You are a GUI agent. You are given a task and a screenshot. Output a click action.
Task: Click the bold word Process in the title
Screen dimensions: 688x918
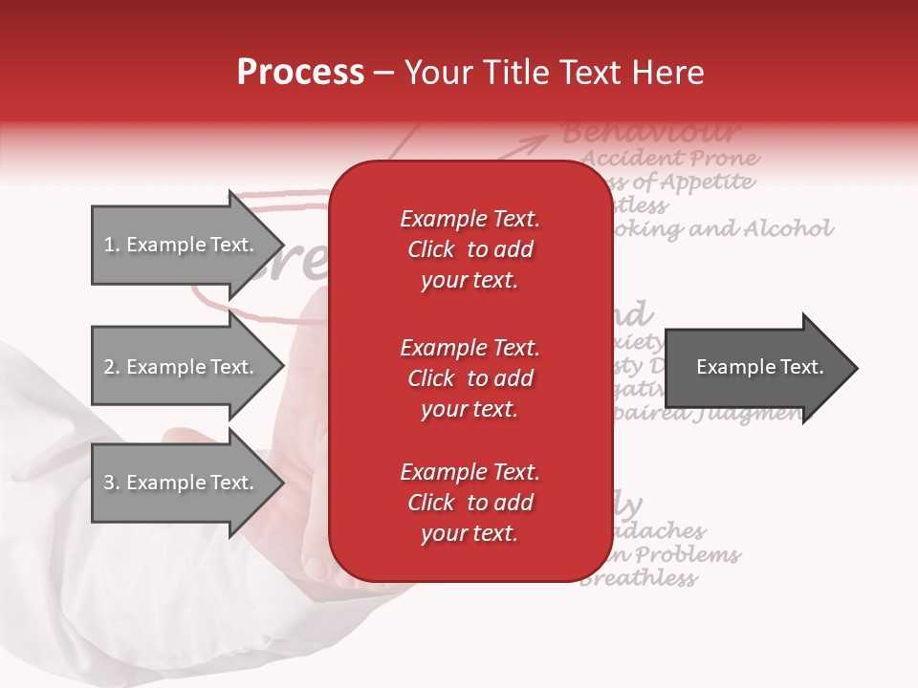pos(300,73)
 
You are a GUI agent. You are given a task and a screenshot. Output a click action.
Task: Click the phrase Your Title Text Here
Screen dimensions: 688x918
pos(554,73)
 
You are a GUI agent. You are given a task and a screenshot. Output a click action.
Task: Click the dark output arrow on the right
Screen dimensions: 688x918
pos(755,367)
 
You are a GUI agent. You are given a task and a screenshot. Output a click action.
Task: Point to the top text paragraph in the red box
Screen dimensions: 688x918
pos(470,249)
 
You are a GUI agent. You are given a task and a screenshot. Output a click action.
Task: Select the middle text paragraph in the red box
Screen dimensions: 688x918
pos(470,378)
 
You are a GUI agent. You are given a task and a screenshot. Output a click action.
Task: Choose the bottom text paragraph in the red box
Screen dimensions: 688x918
pos(470,503)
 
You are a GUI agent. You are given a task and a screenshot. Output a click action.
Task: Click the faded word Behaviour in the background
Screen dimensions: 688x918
pos(650,132)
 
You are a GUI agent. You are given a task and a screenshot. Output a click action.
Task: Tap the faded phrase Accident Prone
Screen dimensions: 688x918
pos(669,158)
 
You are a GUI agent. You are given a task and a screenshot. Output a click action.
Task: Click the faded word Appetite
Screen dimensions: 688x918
pos(707,182)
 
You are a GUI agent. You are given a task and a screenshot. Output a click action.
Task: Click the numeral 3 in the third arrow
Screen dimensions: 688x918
pos(109,484)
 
